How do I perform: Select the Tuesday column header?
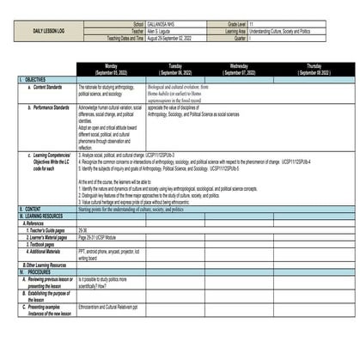pos(174,69)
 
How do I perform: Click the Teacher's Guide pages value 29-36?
pos(82,230)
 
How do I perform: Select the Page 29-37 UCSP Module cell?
pos(99,236)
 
